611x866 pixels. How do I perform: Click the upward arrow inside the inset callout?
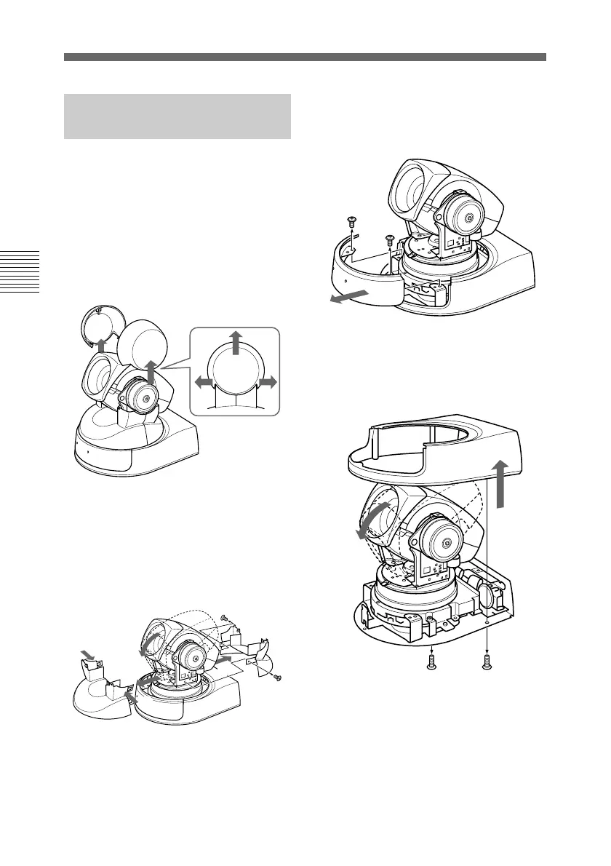[235, 343]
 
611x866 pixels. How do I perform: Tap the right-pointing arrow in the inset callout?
[268, 381]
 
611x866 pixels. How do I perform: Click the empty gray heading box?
[177, 116]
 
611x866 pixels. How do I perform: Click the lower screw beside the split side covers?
[277, 678]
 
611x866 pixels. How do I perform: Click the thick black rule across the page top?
[305, 57]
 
